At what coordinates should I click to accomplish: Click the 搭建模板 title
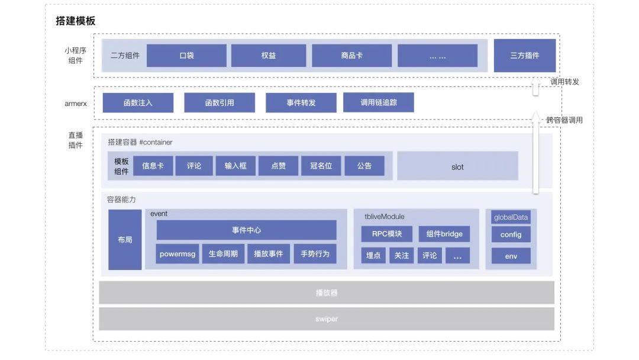click(x=75, y=21)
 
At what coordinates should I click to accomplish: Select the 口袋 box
click(x=186, y=56)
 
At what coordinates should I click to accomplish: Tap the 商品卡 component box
click(x=351, y=56)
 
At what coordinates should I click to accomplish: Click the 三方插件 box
click(x=524, y=56)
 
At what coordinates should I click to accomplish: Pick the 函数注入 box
click(x=138, y=102)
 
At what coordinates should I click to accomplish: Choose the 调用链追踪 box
click(x=378, y=102)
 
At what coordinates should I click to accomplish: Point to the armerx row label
click(x=76, y=104)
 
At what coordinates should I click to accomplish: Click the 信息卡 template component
click(x=153, y=166)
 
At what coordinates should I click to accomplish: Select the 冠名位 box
click(x=321, y=166)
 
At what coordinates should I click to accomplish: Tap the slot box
click(x=457, y=166)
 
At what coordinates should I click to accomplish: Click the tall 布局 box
click(x=125, y=240)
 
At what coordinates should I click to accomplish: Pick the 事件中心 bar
click(x=246, y=230)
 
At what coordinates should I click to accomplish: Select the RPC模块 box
click(x=386, y=234)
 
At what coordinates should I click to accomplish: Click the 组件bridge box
click(x=444, y=234)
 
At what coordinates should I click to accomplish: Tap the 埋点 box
click(x=373, y=255)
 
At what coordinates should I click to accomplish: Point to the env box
click(x=511, y=256)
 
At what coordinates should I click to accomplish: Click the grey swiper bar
click(x=326, y=319)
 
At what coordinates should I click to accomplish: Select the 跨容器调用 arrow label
click(x=564, y=120)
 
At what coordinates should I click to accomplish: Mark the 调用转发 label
click(x=564, y=82)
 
